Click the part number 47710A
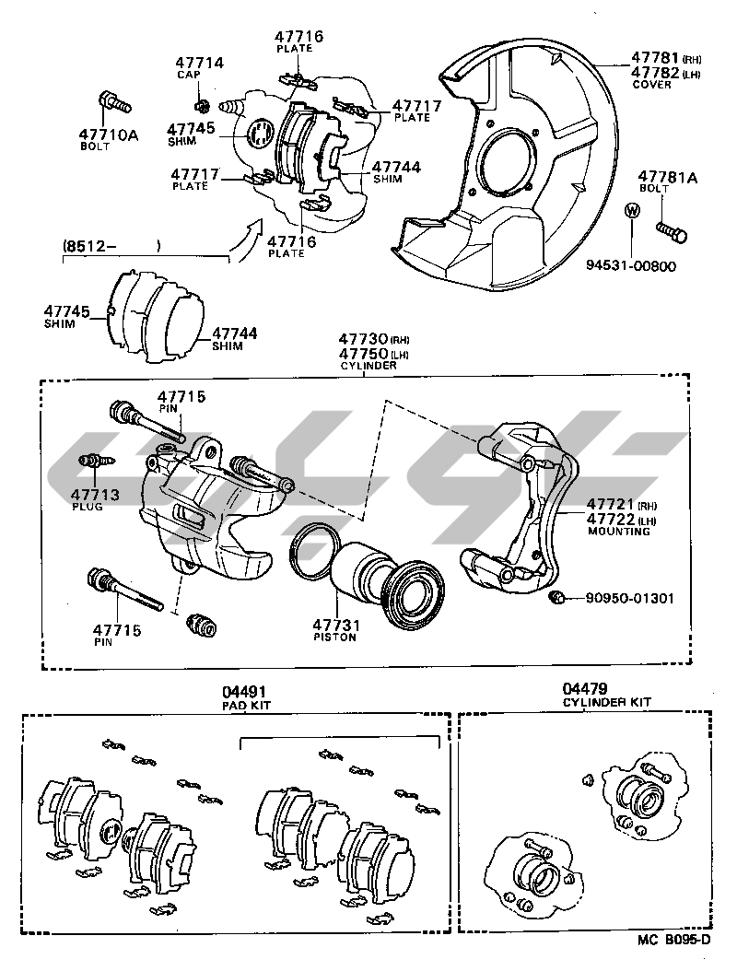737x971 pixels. (x=108, y=135)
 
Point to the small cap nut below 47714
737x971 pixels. (x=205, y=101)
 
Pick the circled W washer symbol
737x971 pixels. (x=631, y=210)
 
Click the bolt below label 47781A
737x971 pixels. (x=670, y=229)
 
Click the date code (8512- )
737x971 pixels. (x=111, y=246)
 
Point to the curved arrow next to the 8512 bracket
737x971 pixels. (x=246, y=241)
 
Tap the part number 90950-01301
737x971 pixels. (x=629, y=599)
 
